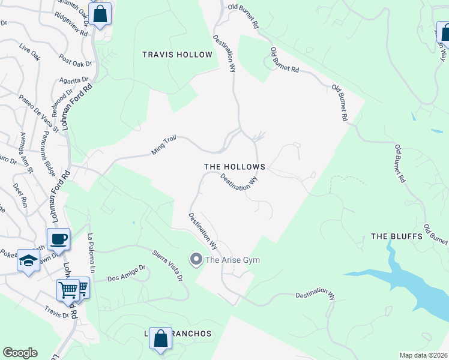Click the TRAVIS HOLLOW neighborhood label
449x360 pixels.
coord(177,55)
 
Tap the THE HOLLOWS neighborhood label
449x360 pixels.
coord(235,166)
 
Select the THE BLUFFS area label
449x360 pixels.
coord(397,236)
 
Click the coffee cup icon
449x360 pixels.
coord(58,239)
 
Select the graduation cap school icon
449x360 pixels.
coord(28,260)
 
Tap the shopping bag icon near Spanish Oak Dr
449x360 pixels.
coord(101,13)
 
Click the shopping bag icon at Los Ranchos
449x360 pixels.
coord(160,338)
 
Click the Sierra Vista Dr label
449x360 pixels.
coord(167,266)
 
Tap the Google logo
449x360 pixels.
coord(20,353)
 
